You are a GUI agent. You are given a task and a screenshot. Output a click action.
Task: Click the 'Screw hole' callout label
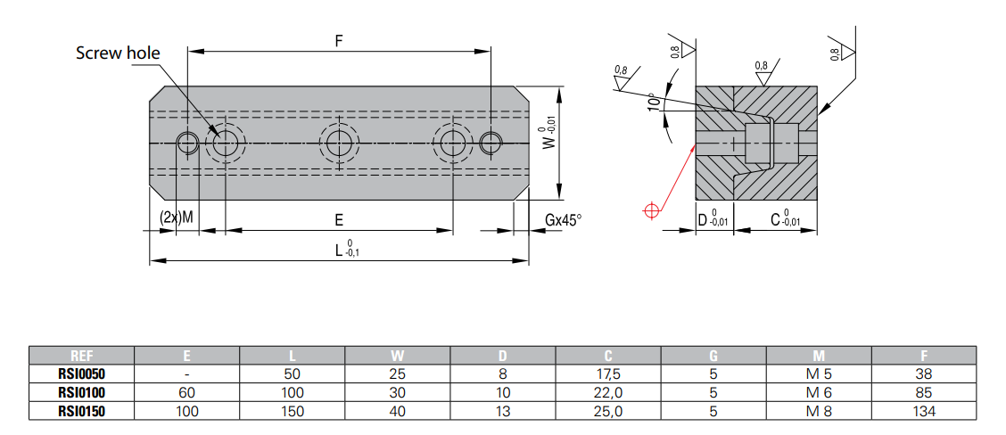[x=118, y=53]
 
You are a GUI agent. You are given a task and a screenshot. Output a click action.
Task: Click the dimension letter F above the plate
[x=339, y=42]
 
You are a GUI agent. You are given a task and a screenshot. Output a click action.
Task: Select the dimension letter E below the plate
[x=339, y=218]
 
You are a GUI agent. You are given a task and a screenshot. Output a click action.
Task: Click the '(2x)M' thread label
[x=177, y=217]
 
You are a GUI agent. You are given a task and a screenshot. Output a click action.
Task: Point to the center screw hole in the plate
[x=339, y=142]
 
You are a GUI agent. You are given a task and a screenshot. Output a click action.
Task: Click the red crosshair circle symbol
[x=650, y=210]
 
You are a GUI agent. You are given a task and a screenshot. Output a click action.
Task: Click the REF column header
[x=81, y=356]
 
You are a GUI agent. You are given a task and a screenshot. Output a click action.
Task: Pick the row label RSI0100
[x=81, y=392]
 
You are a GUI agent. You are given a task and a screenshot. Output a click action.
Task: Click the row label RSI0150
[x=81, y=411]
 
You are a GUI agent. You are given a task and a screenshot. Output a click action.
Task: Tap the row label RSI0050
[x=81, y=373]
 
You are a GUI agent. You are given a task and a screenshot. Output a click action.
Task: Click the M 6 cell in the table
[x=819, y=392]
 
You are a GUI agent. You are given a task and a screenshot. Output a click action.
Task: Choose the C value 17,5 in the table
[x=607, y=373]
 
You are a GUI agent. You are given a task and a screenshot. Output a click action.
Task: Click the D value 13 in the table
[x=504, y=411]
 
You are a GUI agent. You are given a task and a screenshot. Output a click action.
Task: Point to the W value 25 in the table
[x=398, y=373]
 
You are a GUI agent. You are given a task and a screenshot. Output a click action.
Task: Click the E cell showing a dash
[x=186, y=373]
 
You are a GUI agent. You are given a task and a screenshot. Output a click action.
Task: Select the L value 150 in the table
[x=293, y=411]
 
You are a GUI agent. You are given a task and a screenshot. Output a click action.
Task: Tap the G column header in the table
[x=713, y=356]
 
